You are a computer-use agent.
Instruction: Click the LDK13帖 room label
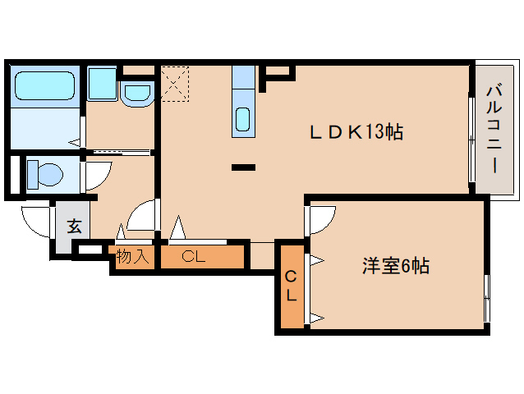[355, 131]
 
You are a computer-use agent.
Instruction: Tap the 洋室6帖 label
[397, 266]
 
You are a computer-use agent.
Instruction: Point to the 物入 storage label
[131, 256]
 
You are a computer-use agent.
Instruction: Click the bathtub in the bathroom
[45, 85]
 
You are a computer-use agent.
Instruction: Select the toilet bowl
[46, 174]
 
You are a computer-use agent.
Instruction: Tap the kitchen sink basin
[244, 119]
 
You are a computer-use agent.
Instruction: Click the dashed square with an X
[175, 83]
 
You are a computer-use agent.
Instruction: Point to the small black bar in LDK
[243, 167]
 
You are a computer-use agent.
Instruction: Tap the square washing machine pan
[103, 83]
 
